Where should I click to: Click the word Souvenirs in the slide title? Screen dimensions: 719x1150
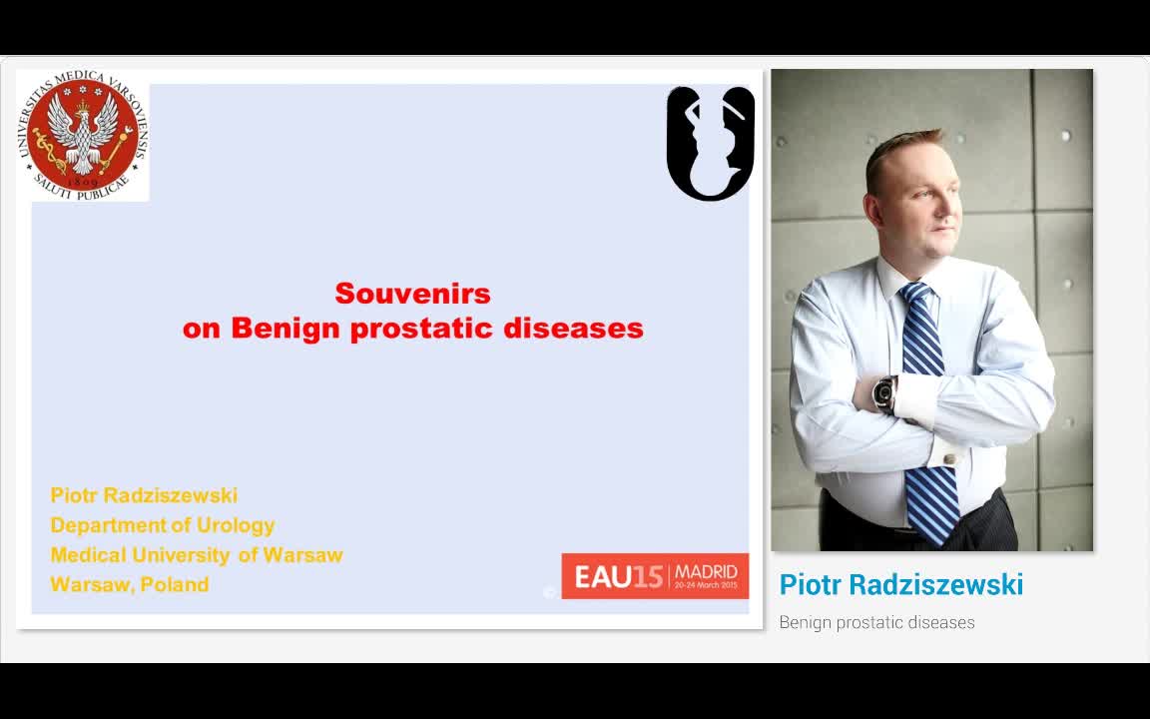tap(412, 294)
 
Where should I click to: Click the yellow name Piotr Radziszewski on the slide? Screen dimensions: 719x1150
tap(144, 495)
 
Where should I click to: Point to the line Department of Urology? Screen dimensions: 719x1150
tap(162, 525)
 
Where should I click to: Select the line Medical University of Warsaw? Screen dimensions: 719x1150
tap(196, 555)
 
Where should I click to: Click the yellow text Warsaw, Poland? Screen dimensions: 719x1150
tap(129, 585)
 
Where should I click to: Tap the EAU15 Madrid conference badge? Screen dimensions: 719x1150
tap(654, 576)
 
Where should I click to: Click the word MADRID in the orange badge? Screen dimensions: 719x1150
tap(706, 571)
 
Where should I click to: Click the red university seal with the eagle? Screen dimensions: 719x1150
tap(83, 136)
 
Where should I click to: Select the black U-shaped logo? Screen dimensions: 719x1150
tap(710, 143)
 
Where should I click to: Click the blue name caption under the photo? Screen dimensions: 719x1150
tap(900, 585)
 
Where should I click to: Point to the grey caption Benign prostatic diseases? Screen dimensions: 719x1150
tap(876, 622)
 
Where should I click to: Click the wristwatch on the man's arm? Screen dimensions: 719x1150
tap(883, 393)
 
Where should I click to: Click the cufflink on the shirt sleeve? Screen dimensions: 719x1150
tap(948, 459)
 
